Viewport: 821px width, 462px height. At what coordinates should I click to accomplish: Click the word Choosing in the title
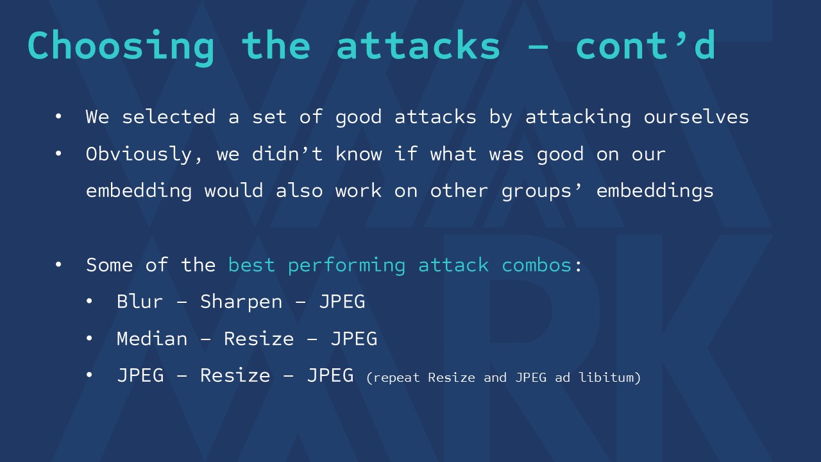[x=121, y=47]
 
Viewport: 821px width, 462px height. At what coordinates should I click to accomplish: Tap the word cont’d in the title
[x=645, y=45]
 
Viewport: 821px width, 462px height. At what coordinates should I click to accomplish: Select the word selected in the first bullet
[x=169, y=117]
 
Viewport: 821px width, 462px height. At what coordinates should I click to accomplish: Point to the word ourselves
[x=696, y=117]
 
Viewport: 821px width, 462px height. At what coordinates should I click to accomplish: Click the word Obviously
[x=139, y=155]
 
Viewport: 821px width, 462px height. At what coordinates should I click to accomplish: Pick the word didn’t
[x=287, y=153]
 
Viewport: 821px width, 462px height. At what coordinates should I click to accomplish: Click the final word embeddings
[x=655, y=191]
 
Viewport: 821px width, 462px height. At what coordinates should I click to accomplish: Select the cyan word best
[x=251, y=265]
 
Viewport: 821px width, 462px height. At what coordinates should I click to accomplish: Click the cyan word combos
[x=537, y=265]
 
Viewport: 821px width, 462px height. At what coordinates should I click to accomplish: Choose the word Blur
[x=140, y=302]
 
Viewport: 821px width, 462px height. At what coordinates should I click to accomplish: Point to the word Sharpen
[x=241, y=302]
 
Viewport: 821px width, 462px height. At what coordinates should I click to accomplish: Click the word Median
[x=152, y=338]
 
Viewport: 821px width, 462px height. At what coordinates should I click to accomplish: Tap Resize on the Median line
[x=258, y=338]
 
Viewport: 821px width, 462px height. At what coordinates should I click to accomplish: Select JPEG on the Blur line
[x=343, y=302]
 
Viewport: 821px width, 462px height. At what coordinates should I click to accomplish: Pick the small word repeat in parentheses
[x=396, y=378]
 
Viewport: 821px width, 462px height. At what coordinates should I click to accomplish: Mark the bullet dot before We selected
[x=58, y=117]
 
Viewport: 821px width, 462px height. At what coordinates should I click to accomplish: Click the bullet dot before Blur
[x=89, y=302]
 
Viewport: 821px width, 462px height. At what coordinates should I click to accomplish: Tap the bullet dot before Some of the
[x=58, y=265]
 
